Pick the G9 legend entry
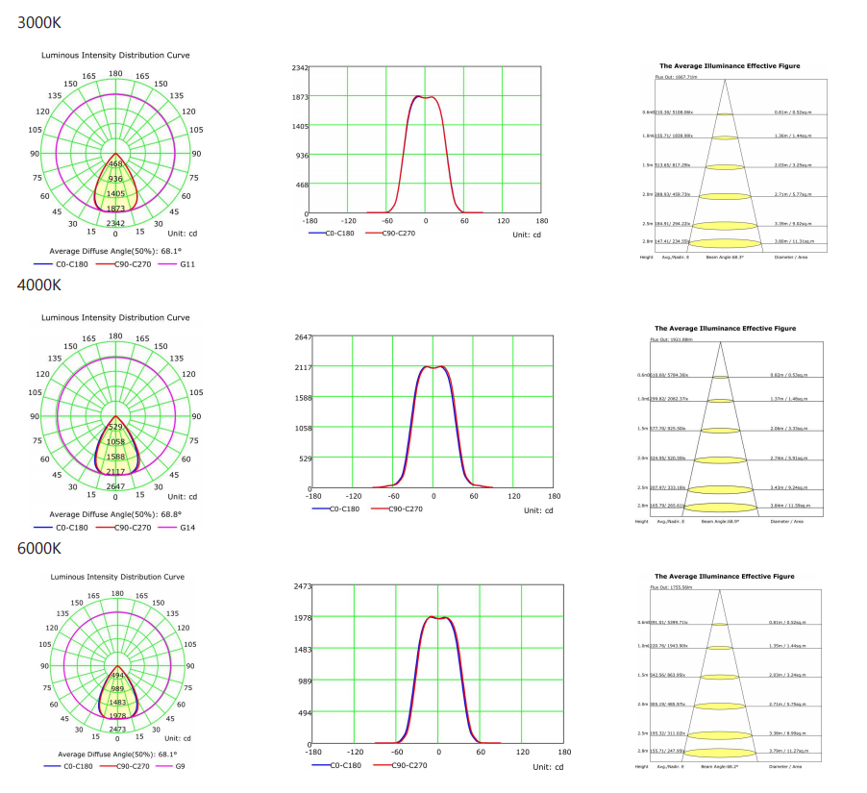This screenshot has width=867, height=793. (181, 766)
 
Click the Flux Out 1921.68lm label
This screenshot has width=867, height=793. (674, 339)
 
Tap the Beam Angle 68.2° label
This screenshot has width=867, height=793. (721, 766)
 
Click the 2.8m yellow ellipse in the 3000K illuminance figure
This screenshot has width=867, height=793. (725, 241)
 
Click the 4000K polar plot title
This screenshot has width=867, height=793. (114, 317)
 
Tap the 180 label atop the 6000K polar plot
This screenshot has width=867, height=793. (116, 595)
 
